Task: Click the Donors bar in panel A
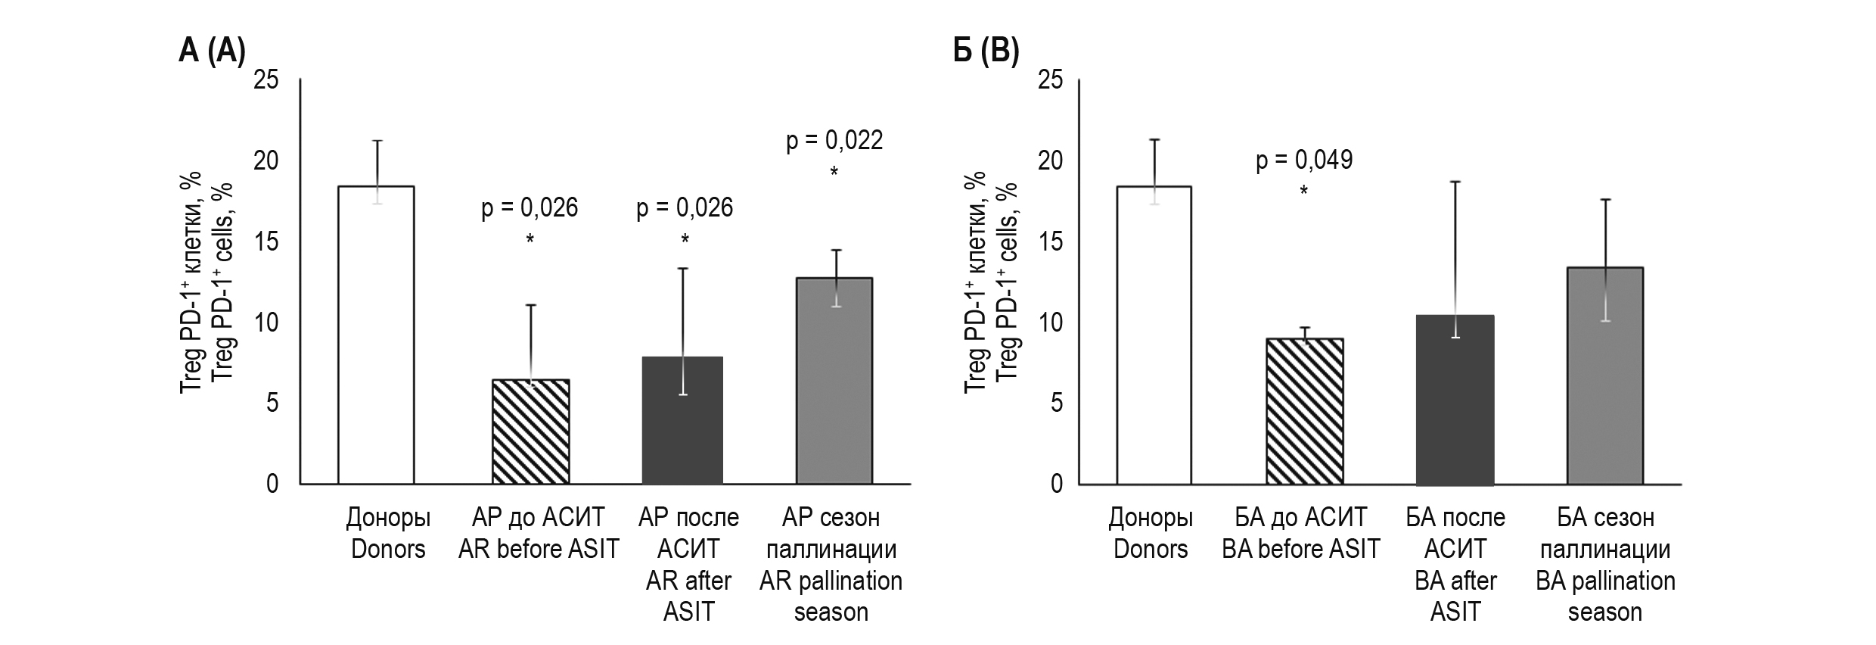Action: point(376,335)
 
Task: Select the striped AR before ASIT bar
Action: point(530,432)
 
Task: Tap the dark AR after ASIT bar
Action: point(682,420)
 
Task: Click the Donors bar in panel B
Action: point(1154,335)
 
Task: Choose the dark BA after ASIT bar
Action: point(1455,400)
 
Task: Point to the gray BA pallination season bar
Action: point(1605,375)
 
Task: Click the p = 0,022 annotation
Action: point(834,141)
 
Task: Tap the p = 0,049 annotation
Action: point(1304,160)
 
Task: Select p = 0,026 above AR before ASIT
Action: point(530,207)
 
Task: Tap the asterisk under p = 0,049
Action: point(1304,192)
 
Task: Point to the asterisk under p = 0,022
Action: point(834,173)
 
